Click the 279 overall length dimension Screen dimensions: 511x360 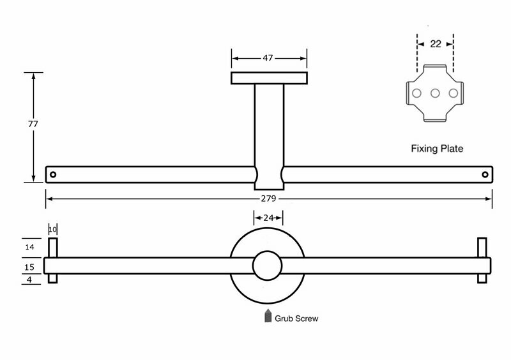click(x=268, y=199)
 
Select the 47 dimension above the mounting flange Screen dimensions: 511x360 click(x=268, y=58)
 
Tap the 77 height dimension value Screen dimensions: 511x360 click(x=33, y=124)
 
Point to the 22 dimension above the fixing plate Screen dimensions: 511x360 click(x=436, y=43)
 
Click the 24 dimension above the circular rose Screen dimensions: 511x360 click(x=268, y=218)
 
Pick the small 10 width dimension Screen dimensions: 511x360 click(x=52, y=229)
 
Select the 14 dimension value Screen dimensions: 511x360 click(x=29, y=247)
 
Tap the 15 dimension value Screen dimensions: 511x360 click(x=29, y=267)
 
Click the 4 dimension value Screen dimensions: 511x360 click(x=29, y=280)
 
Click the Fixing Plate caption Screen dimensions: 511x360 click(x=437, y=149)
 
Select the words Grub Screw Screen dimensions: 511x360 click(x=296, y=319)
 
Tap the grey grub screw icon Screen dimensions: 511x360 click(x=268, y=315)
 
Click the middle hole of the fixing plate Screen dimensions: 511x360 click(x=435, y=93)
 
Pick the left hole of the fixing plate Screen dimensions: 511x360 click(x=416, y=93)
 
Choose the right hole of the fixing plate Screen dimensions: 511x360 click(x=453, y=93)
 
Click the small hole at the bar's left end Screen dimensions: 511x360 click(x=53, y=175)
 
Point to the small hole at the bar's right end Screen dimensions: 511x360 click(x=485, y=175)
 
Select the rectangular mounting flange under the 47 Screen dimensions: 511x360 click(x=269, y=78)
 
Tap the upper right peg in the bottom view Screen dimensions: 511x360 click(x=482, y=248)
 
